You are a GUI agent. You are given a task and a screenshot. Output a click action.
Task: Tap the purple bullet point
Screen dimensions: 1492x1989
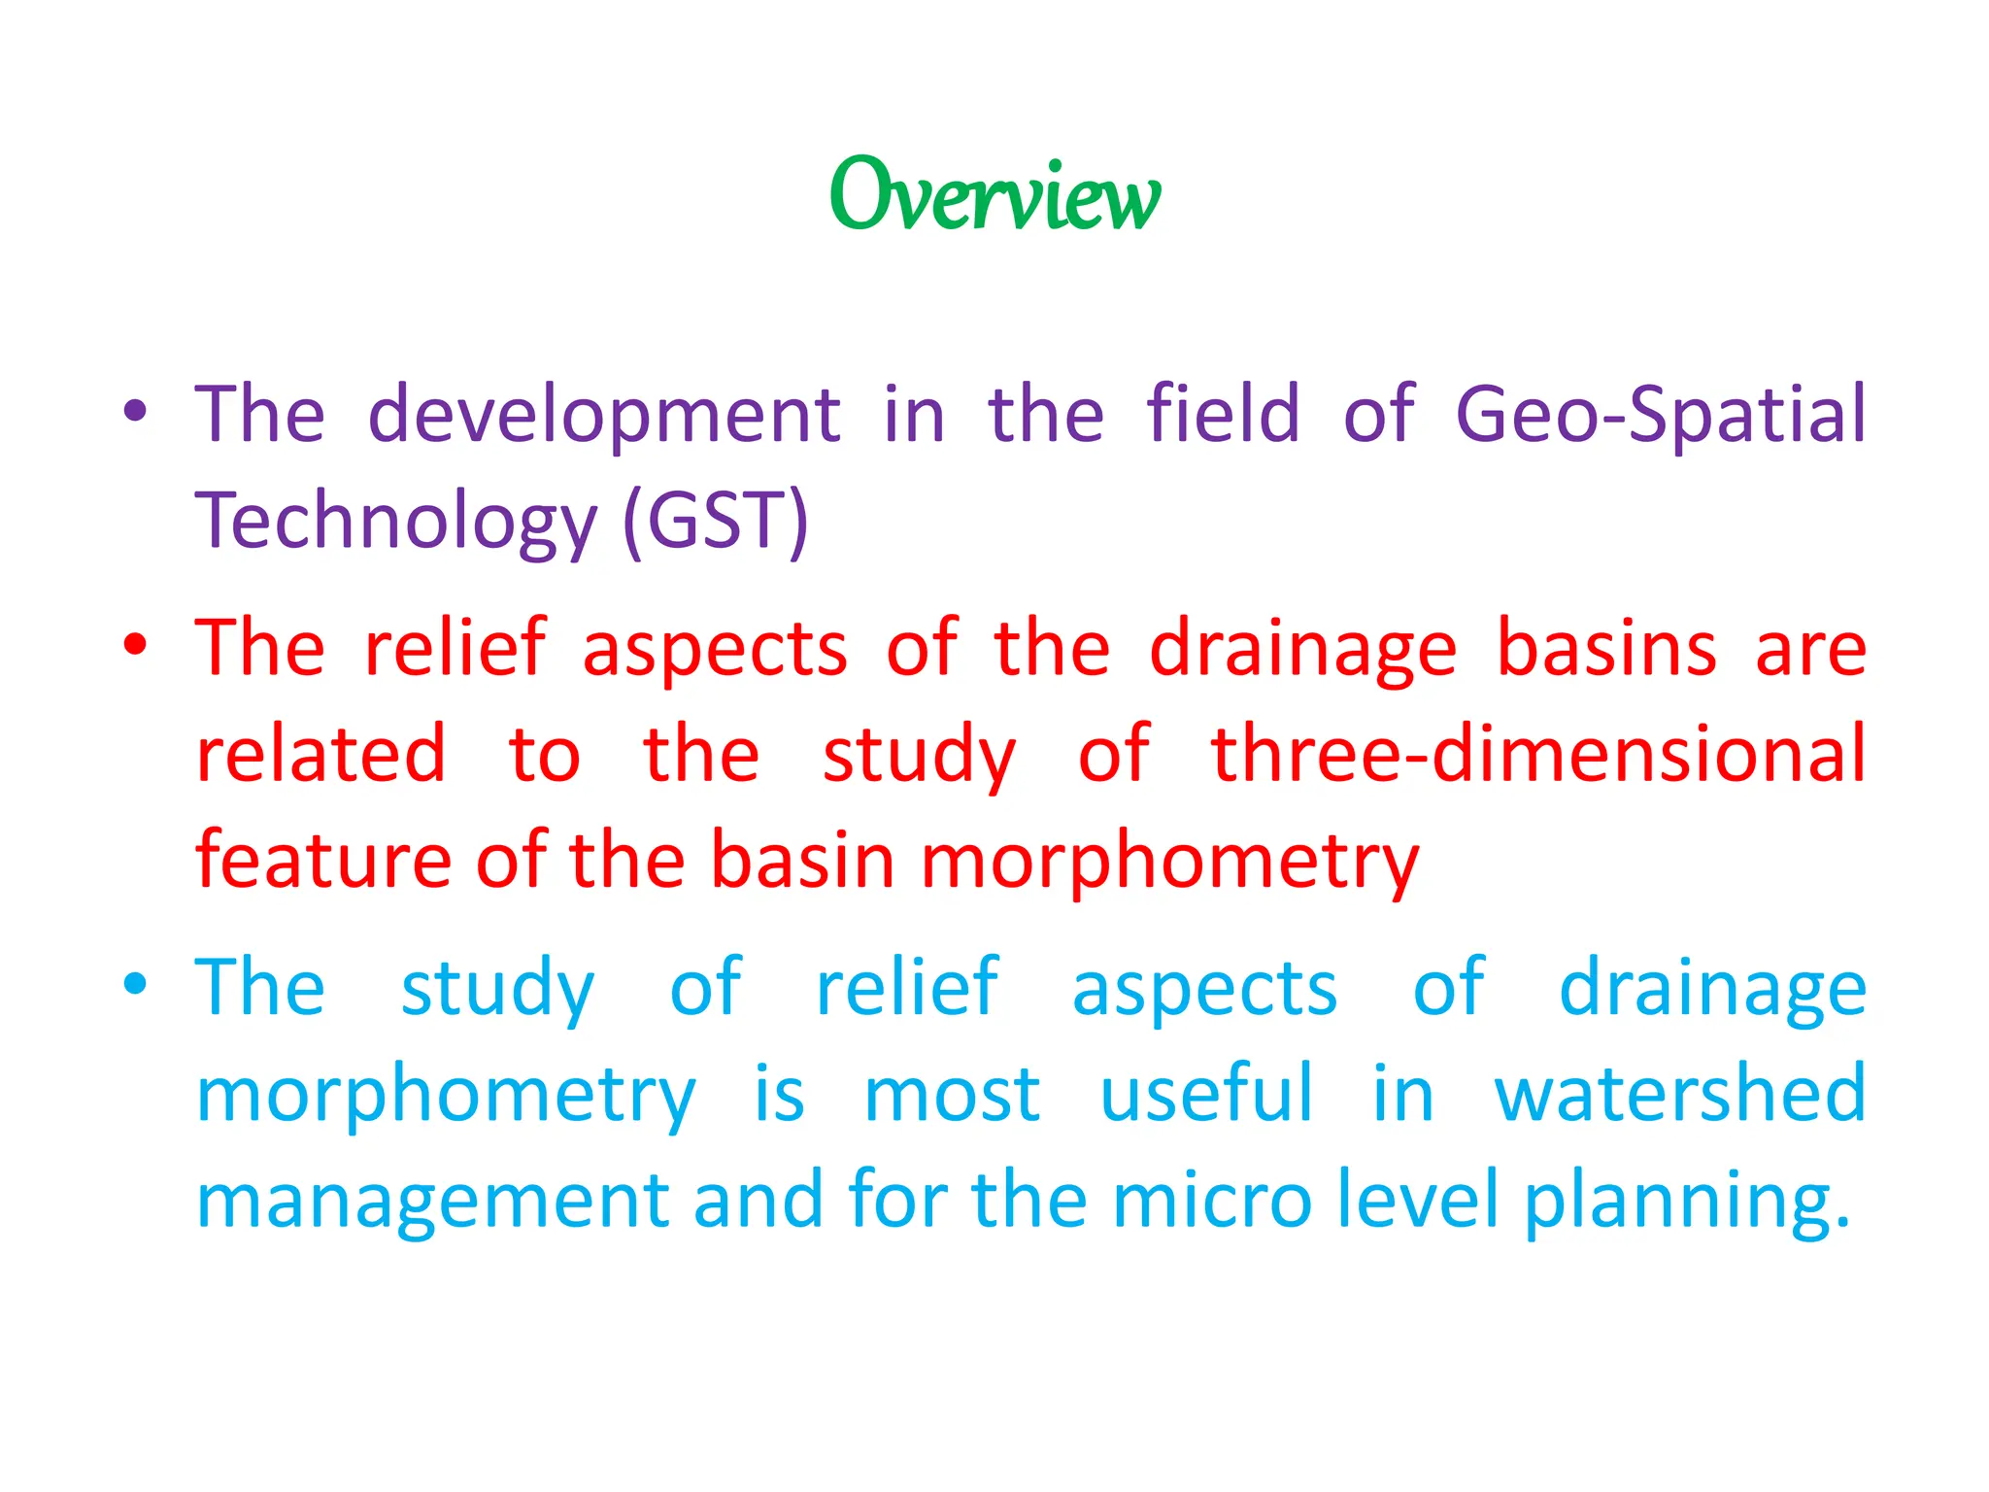click(x=135, y=412)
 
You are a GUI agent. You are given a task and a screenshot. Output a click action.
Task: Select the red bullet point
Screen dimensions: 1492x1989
click(x=135, y=645)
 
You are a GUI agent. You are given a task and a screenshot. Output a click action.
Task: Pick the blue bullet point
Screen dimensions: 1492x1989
click(x=135, y=985)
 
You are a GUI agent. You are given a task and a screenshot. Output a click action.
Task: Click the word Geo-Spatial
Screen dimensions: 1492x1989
click(x=1660, y=416)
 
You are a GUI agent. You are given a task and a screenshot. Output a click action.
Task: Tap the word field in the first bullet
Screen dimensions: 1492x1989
click(x=1222, y=414)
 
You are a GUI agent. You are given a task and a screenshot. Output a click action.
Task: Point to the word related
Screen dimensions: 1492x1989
click(x=320, y=754)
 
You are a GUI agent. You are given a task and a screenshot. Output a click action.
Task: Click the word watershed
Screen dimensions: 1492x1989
click(x=1679, y=1094)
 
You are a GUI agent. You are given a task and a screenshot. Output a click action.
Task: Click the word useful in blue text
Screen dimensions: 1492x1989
click(x=1206, y=1094)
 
